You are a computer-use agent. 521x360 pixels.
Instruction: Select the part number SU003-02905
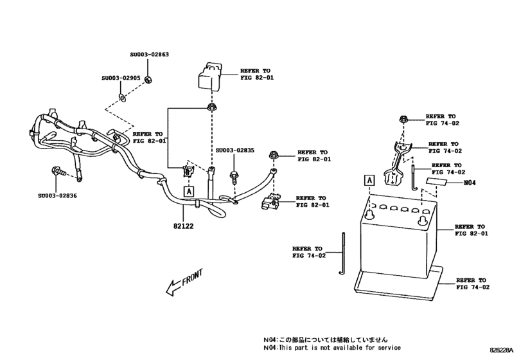120,79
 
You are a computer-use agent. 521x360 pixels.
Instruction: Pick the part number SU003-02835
234,150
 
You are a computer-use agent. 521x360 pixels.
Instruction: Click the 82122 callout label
184,226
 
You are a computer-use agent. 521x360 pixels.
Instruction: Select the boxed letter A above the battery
369,181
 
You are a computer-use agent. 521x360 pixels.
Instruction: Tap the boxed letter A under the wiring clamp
188,190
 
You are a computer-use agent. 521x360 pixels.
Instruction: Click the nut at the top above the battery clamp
403,119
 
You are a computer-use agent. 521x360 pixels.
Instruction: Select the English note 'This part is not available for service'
343,348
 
